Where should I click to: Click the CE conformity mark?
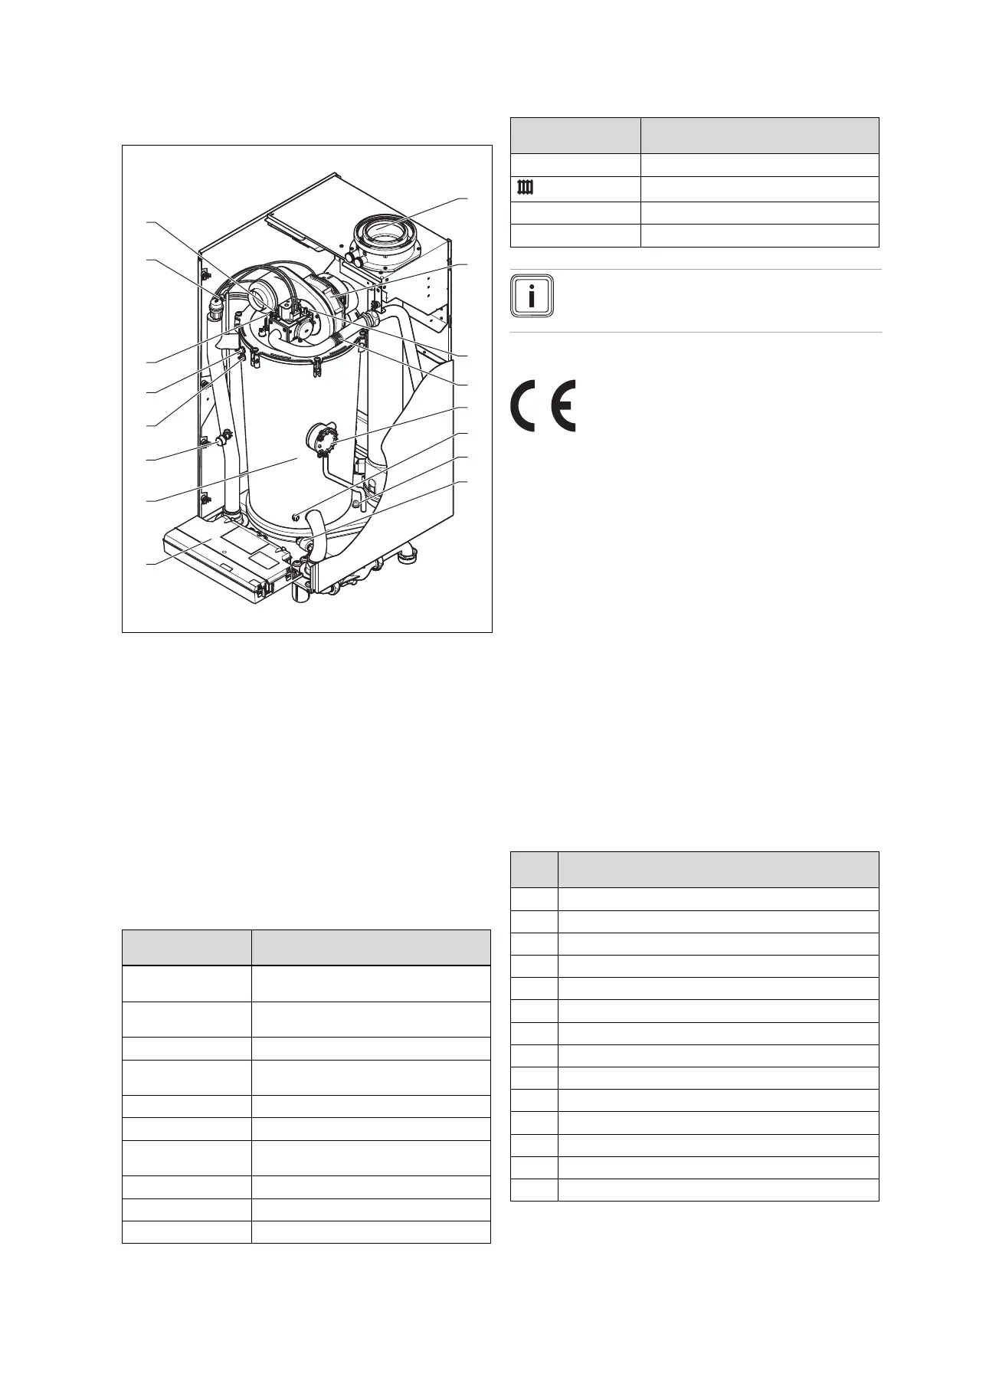[x=543, y=405]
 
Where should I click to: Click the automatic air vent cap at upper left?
[x=218, y=303]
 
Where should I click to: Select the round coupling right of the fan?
[x=372, y=316]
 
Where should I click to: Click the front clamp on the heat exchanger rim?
[x=316, y=369]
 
